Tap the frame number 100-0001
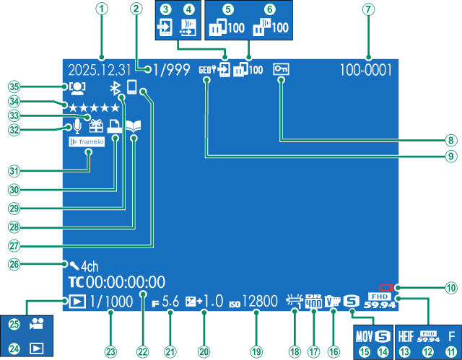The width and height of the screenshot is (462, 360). point(366,71)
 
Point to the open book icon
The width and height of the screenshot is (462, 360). point(134,126)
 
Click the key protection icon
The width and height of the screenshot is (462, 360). point(281,70)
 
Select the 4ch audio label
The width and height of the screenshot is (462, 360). point(88,265)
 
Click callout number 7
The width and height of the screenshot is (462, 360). point(369,10)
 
